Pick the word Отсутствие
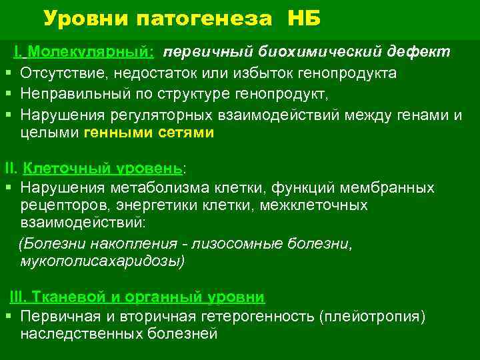[x=61, y=73]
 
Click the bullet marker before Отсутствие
[x=7, y=73]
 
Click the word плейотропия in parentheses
[x=373, y=315]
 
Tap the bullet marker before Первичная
[x=7, y=315]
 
